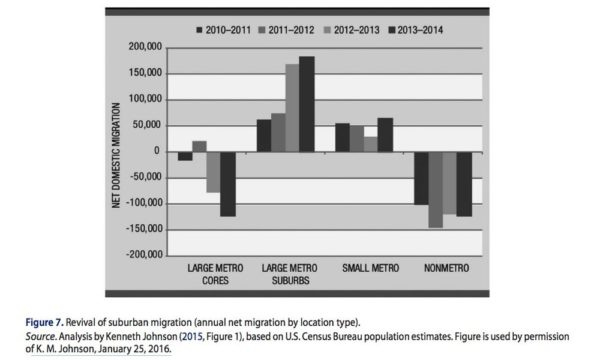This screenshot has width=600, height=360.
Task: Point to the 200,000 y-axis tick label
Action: point(142,47)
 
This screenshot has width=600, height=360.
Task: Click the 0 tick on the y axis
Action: point(158,151)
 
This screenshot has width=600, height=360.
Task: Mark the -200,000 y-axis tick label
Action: point(139,254)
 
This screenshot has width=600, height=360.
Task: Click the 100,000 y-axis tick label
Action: point(142,99)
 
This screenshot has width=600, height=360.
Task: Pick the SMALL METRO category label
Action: point(370,268)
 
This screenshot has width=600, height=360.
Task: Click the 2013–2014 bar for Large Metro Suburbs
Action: point(306,103)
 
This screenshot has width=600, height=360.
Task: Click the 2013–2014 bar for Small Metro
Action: point(385,134)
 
